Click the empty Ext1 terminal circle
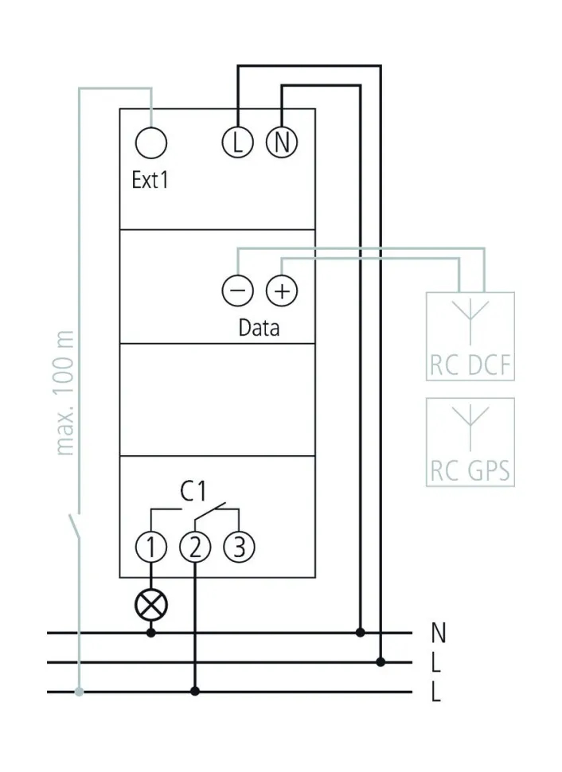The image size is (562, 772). pyautogui.click(x=151, y=143)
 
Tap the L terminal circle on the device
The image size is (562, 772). pyautogui.click(x=237, y=143)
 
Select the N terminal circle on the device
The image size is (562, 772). pyautogui.click(x=281, y=143)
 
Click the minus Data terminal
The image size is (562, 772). pyautogui.click(x=237, y=291)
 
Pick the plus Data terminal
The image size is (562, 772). pyautogui.click(x=280, y=291)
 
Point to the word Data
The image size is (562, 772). pyautogui.click(x=259, y=327)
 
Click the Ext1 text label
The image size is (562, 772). pyautogui.click(x=150, y=181)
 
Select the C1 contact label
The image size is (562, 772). pyautogui.click(x=193, y=492)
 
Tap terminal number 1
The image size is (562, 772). pyautogui.click(x=151, y=547)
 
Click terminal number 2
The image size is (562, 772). pyautogui.click(x=195, y=547)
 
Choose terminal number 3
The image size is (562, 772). pyautogui.click(x=238, y=547)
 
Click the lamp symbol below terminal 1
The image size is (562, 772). pyautogui.click(x=151, y=606)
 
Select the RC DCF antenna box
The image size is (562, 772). pyautogui.click(x=470, y=337)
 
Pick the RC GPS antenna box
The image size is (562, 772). pyautogui.click(x=470, y=443)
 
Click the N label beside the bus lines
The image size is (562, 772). pyautogui.click(x=437, y=634)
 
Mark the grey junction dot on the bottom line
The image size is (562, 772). pyautogui.click(x=79, y=692)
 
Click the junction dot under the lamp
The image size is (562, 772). pyautogui.click(x=151, y=634)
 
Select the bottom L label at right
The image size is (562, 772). pyautogui.click(x=436, y=692)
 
